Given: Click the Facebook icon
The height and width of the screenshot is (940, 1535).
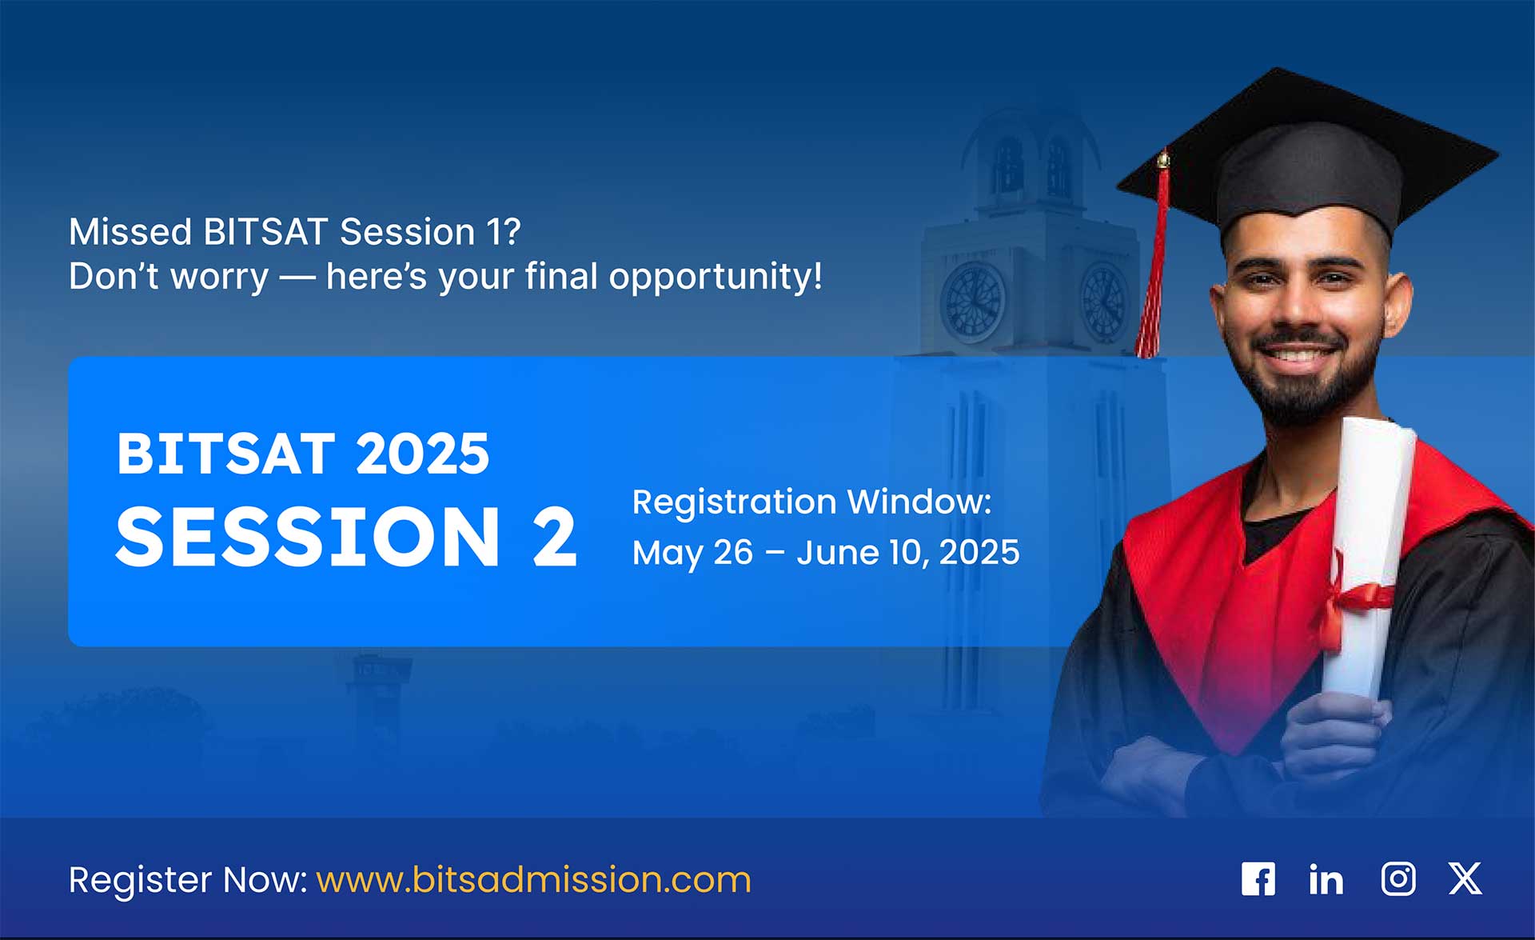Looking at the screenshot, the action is pos(1258,879).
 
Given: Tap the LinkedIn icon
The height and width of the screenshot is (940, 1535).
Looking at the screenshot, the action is pos(1326,879).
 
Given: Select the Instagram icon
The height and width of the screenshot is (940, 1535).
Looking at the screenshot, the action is pos(1398,879).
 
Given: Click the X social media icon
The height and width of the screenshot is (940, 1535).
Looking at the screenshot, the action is pos(1465,878).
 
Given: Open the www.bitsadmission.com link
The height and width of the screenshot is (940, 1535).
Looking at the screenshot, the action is pos(534,880).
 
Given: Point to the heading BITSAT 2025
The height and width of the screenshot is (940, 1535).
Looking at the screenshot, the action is pos(303,454).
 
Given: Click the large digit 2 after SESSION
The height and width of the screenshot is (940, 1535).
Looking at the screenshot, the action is pos(554,537).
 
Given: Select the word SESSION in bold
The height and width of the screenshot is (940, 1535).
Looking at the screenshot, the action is pos(309,537).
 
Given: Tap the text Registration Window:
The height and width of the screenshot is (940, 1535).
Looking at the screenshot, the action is pos(811,502).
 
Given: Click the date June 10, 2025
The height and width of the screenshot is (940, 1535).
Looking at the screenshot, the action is pos(908,552).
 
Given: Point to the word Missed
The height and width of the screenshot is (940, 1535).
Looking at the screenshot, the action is pos(130,232).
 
